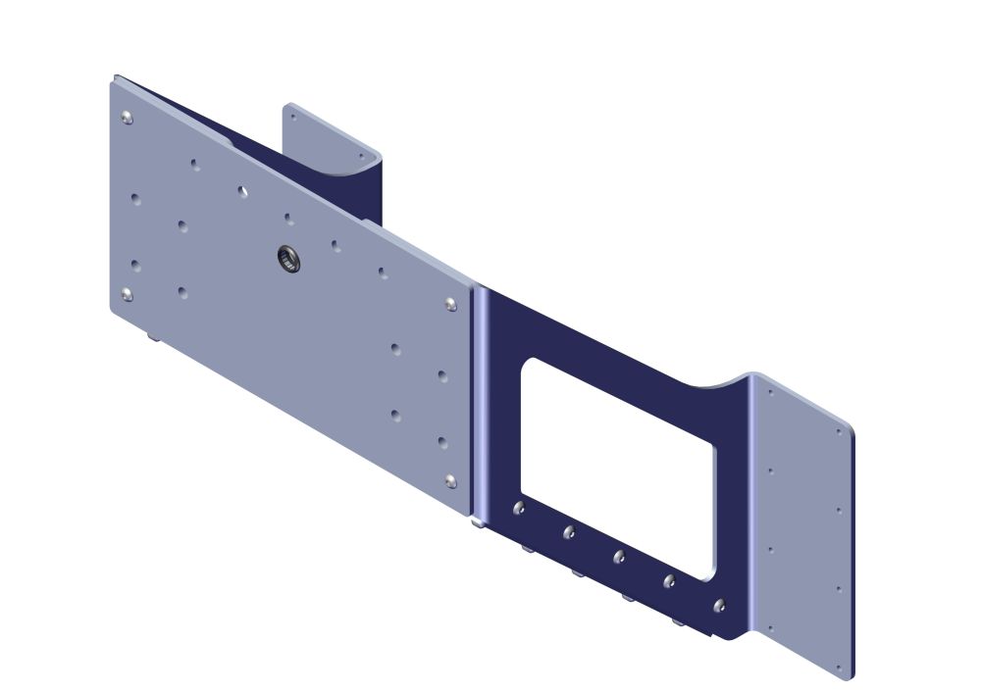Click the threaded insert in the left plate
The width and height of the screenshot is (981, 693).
click(286, 258)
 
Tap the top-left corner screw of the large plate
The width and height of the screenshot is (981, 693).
click(127, 119)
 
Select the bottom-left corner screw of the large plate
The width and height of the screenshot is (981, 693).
click(127, 293)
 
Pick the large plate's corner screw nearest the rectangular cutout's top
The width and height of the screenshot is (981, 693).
click(450, 305)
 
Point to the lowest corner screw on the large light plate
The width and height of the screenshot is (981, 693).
click(450, 479)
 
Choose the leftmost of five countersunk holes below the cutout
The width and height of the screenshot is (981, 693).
click(519, 508)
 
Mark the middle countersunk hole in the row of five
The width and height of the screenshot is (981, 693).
click(619, 557)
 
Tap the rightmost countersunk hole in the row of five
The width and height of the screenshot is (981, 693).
click(719, 606)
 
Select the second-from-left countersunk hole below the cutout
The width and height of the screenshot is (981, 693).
click(569, 532)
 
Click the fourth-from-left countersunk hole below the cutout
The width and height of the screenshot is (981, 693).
click(669, 581)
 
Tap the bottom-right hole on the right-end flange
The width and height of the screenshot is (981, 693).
click(840, 669)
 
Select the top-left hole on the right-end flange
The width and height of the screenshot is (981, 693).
click(771, 392)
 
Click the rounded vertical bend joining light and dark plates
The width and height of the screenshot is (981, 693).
click(480, 402)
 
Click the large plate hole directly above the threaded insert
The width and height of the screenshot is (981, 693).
click(289, 218)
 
